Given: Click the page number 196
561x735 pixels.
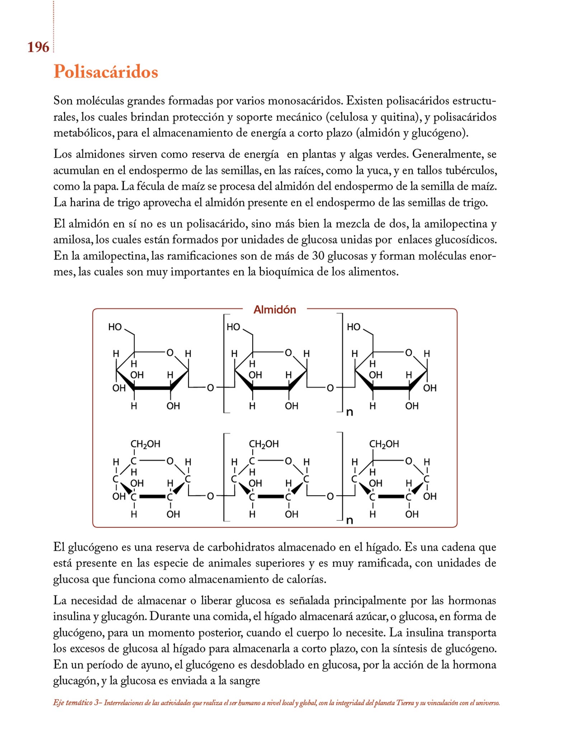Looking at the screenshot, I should click(38, 47).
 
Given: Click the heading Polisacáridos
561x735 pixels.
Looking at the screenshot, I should click(106, 72).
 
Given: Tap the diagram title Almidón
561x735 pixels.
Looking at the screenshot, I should click(275, 310).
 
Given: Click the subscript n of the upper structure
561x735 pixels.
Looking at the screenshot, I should click(349, 412).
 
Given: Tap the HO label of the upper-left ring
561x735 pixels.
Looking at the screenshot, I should click(115, 327).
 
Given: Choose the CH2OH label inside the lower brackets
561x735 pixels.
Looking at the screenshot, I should click(264, 444).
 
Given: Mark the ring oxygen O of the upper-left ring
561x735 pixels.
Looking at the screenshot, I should click(170, 353).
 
